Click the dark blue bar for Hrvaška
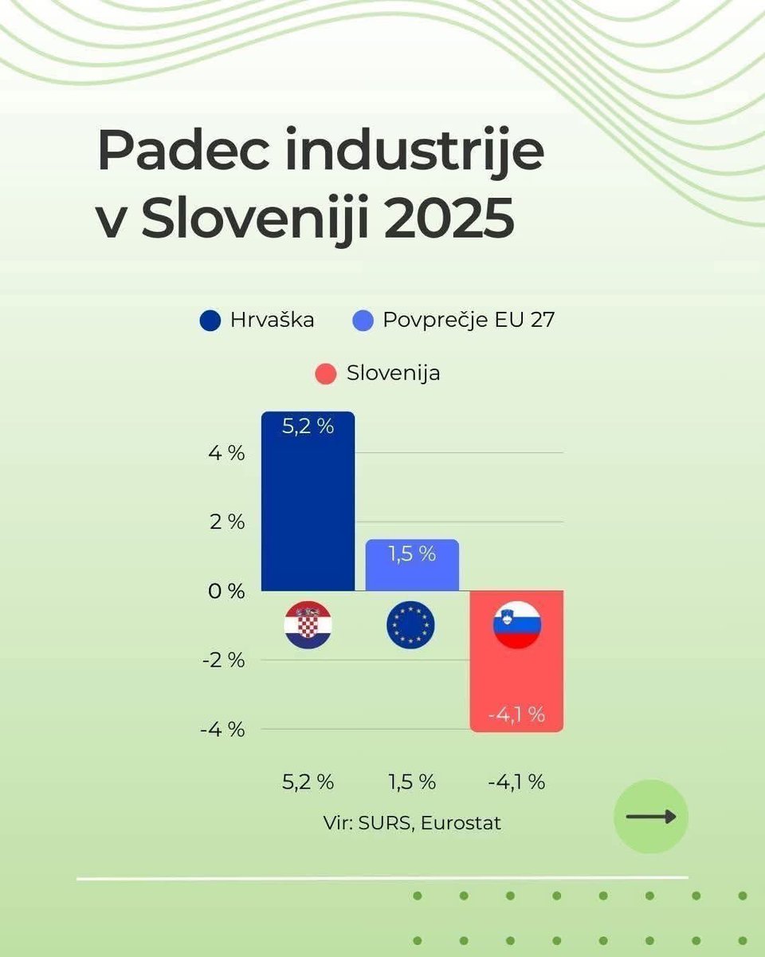click(308, 510)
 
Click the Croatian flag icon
click(308, 624)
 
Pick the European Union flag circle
click(411, 624)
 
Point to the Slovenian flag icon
click(517, 624)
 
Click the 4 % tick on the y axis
click(226, 453)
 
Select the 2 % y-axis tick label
click(226, 522)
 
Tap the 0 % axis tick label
click(226, 591)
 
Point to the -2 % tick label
click(222, 660)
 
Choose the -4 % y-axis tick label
click(222, 729)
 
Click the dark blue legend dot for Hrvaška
click(210, 321)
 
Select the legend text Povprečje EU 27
click(469, 321)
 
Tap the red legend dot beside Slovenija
click(325, 373)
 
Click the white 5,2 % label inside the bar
click(308, 426)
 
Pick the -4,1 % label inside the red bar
click(516, 715)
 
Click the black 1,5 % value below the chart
click(412, 782)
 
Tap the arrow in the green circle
click(651, 817)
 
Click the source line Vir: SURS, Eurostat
click(412, 823)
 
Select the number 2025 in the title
click(449, 219)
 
